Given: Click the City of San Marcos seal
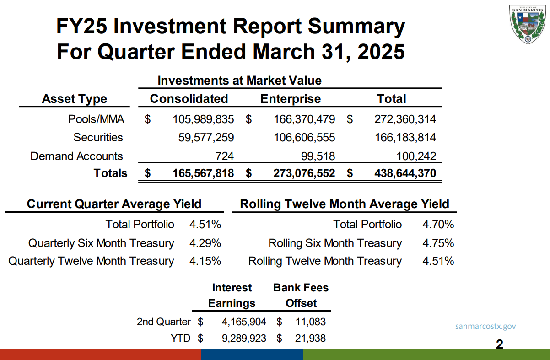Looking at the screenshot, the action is coord(528,25).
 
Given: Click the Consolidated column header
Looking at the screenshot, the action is coord(189,99).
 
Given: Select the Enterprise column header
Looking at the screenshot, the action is coord(291,99).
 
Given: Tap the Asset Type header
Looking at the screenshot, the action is coord(75,99).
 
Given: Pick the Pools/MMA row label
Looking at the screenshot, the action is coord(96,119).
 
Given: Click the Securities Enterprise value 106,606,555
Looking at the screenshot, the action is coord(304,137).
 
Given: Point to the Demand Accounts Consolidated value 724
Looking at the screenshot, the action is coord(224,156).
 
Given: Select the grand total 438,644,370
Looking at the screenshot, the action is coord(405,173).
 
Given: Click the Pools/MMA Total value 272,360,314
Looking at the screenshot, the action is coord(405,119).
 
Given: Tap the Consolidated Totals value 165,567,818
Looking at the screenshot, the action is coord(203,173).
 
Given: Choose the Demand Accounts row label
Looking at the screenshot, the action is coord(76,156).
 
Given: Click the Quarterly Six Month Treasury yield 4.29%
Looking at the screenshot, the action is coord(205,243).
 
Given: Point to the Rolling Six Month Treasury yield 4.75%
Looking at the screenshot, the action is coord(438,243).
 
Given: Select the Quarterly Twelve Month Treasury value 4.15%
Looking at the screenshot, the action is coord(205,261).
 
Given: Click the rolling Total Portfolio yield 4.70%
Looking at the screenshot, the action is coord(438,225).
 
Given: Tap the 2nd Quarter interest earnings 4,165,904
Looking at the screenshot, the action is coord(244,322).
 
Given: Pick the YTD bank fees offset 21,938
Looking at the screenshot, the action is coord(310,339).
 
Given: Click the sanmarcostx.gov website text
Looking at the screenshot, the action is coord(485,327).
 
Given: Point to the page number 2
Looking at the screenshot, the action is coord(500,344).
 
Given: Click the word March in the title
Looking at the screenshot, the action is coord(284,52).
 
